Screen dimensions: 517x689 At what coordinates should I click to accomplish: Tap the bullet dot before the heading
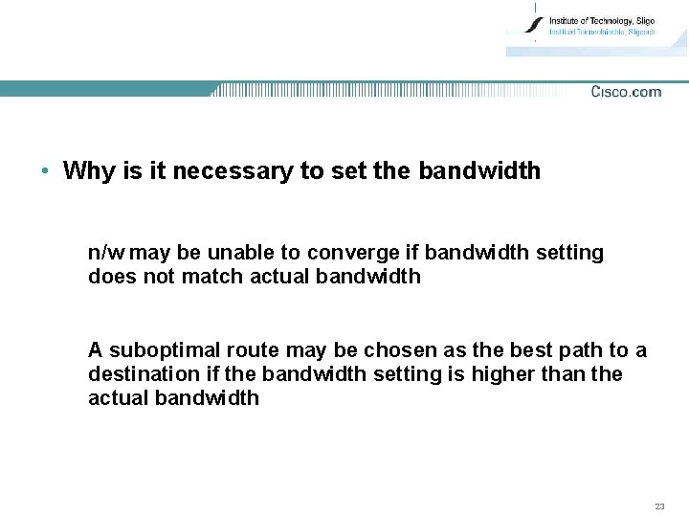[x=45, y=171]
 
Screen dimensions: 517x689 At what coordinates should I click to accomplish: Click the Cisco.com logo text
[x=626, y=92]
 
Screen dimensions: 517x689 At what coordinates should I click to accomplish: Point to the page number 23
[x=659, y=506]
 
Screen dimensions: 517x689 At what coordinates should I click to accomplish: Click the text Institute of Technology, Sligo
[x=602, y=20]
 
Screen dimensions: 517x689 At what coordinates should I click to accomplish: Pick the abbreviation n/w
[x=105, y=253]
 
